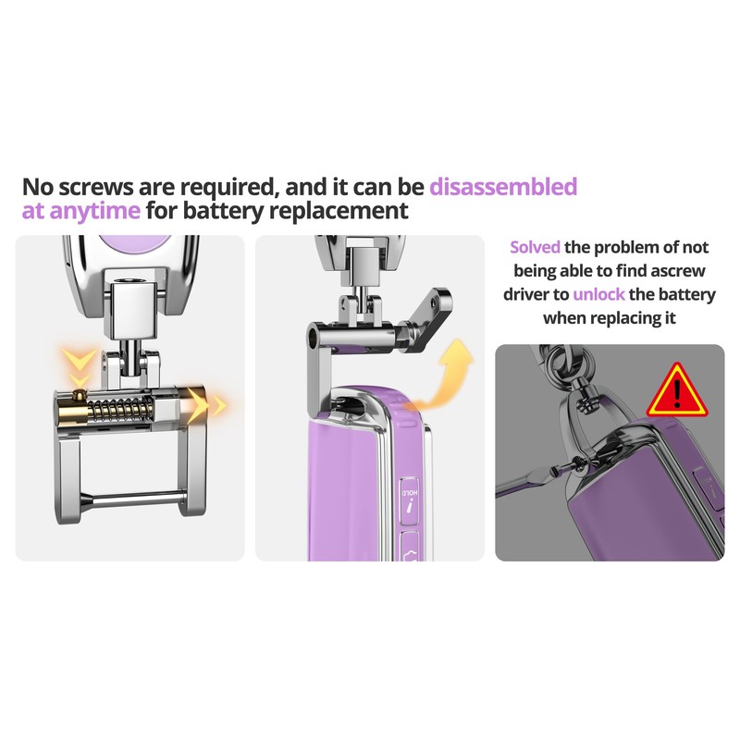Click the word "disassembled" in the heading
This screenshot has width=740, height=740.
coord(503,187)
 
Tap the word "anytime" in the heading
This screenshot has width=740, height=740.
coord(95,211)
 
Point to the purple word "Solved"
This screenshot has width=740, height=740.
coord(535,247)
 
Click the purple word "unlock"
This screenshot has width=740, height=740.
coord(598,294)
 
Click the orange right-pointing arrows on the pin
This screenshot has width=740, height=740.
coord(205,404)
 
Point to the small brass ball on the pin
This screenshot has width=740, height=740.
coord(80,393)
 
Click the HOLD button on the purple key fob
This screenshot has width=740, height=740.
coord(410,501)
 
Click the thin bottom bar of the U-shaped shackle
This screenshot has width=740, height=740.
coord(132,497)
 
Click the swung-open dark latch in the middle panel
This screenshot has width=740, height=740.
coord(424,319)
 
